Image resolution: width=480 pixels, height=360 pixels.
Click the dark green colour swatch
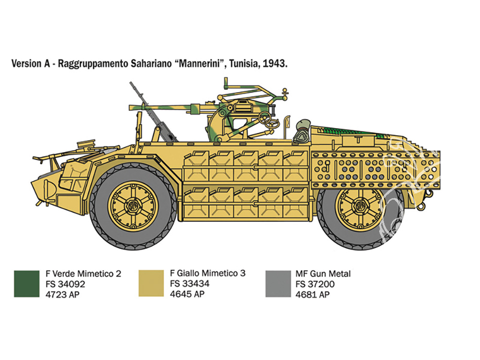[x=26, y=284]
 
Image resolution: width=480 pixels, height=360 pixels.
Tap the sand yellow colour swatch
[x=151, y=283]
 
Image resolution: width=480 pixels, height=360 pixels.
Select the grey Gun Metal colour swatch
[x=278, y=284]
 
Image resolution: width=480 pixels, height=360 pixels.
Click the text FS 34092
[x=65, y=284]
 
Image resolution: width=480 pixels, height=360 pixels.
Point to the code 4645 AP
[x=187, y=294]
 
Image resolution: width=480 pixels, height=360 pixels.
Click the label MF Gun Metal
[x=323, y=274]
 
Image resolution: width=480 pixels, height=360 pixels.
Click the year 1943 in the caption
[x=275, y=64]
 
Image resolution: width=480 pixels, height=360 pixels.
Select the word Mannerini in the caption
[x=201, y=63]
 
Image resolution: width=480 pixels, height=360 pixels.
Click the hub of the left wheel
[x=133, y=206]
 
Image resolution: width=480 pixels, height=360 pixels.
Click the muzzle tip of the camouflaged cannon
[x=130, y=107]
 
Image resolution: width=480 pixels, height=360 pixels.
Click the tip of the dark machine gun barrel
[x=131, y=83]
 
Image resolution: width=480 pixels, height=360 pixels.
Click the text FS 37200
[x=315, y=284]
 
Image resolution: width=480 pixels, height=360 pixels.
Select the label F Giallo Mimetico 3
[x=207, y=273]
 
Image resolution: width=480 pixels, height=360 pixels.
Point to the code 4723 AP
[x=62, y=295]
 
